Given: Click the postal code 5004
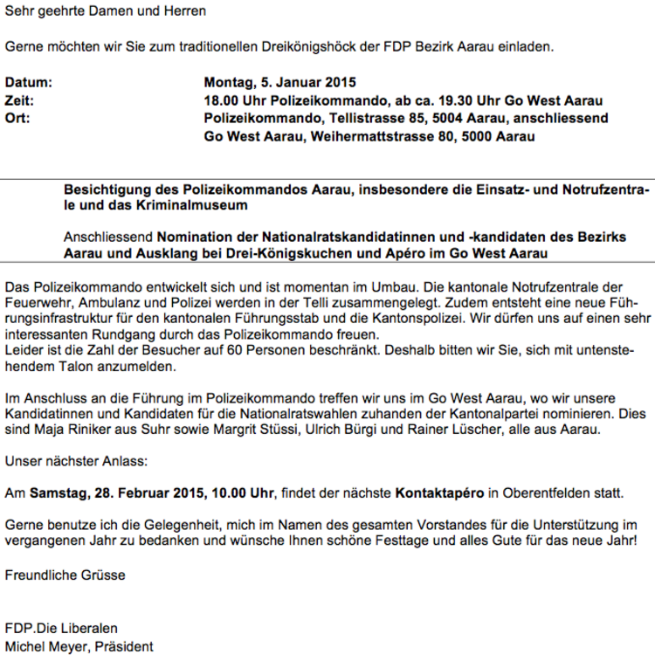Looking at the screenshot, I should click(426, 118).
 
